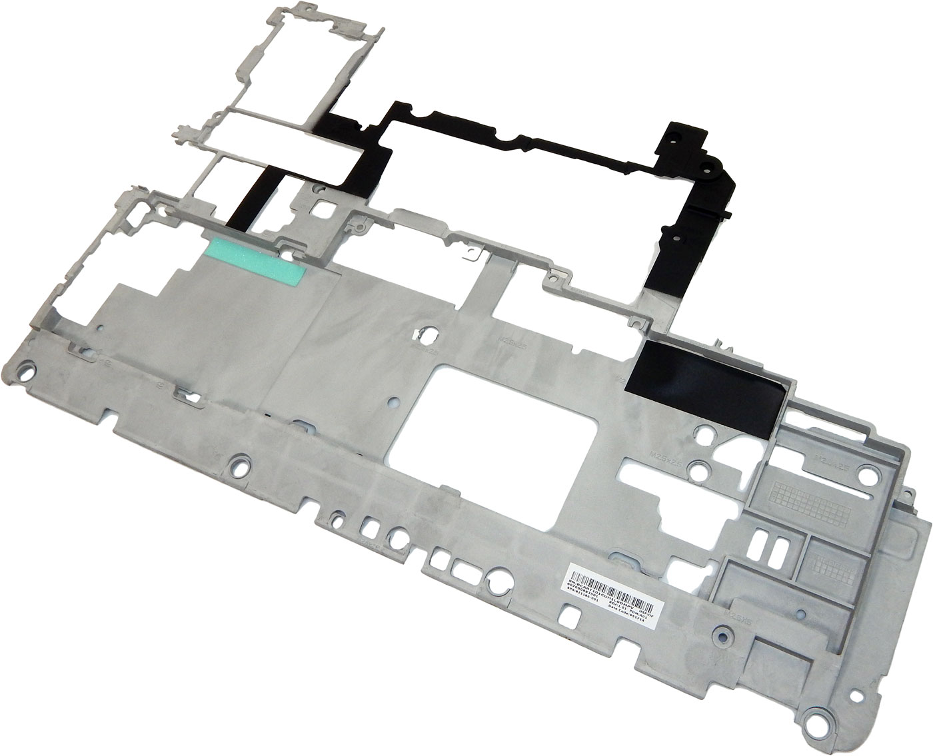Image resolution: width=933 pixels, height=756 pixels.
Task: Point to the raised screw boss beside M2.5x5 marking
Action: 720,631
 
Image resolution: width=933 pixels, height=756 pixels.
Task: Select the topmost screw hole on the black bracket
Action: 672,134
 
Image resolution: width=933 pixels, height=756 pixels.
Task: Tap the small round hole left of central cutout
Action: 393,402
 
